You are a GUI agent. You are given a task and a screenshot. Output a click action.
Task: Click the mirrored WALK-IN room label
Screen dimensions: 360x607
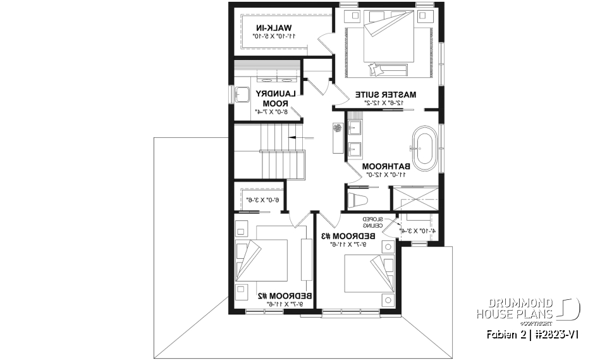coord(274,27)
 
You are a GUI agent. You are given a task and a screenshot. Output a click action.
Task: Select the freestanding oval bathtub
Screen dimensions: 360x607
coord(424,147)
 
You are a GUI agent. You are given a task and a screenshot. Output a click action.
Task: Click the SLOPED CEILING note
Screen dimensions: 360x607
coord(374,222)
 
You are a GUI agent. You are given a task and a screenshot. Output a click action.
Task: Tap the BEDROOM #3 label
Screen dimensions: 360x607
coord(348,236)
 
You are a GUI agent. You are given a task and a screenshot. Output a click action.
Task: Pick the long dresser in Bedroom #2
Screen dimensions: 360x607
coord(307,259)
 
